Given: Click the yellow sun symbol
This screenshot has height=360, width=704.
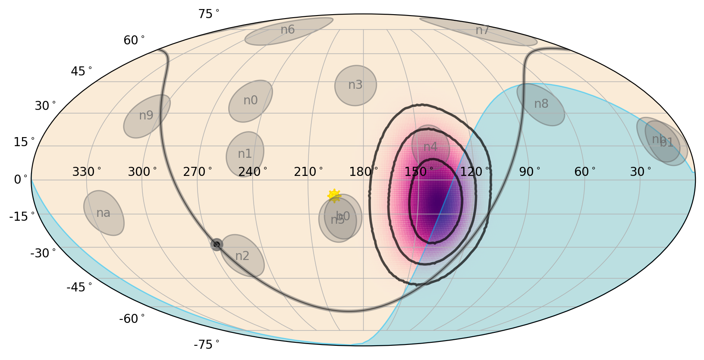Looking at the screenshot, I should coord(334,196).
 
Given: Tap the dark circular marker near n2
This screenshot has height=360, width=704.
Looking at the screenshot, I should coord(217,244).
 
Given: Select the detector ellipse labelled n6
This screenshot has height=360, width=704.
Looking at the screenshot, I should coord(289,31).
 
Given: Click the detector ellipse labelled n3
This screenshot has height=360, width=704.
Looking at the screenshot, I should coord(355,85).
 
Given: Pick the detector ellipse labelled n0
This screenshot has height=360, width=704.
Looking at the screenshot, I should coord(250,101).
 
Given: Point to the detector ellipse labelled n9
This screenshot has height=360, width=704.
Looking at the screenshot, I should coord(147,116).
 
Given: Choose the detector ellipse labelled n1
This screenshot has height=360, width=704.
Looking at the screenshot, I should coord(245,154).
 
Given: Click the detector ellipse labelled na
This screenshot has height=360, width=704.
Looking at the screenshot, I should coord(104,213).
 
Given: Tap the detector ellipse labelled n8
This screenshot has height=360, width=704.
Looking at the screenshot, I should coord(541,104).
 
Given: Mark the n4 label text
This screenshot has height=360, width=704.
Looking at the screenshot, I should coord(430,147).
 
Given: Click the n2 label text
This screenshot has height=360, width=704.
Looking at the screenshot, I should coord(242,256).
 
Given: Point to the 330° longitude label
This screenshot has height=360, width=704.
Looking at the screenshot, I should coord(87,172).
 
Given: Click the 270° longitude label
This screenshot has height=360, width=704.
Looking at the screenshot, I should coord(198,172).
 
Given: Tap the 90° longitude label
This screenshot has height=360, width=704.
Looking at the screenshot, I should coord(530,172).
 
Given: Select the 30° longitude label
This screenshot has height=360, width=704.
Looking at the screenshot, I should coord(641,172).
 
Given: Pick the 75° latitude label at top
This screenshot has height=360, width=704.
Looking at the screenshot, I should coord(209,14).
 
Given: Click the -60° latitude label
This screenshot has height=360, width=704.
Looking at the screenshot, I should coord(132,319).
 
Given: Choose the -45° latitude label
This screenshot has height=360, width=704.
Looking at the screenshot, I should coord(79,287).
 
